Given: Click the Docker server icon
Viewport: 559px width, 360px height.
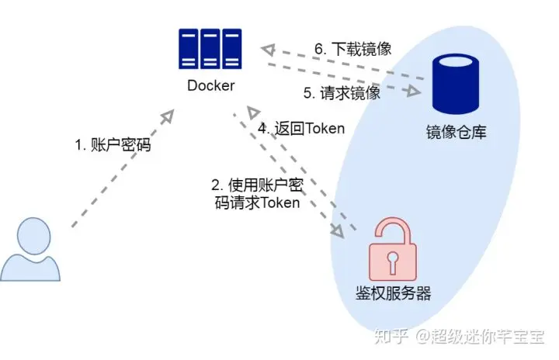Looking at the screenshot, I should click(x=210, y=47).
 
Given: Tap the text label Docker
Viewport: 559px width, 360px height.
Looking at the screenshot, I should click(x=210, y=85).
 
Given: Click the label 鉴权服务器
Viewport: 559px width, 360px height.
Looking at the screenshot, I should click(x=391, y=293).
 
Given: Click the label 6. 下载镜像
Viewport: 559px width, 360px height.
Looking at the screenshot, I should click(x=352, y=48).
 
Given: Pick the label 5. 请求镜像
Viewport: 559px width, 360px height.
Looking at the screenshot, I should click(x=342, y=93).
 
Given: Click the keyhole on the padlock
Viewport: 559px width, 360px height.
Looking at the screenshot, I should click(x=393, y=260).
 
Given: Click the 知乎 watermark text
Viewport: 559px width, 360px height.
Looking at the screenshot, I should click(x=387, y=337).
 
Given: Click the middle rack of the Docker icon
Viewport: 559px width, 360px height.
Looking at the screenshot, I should click(x=210, y=47).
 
